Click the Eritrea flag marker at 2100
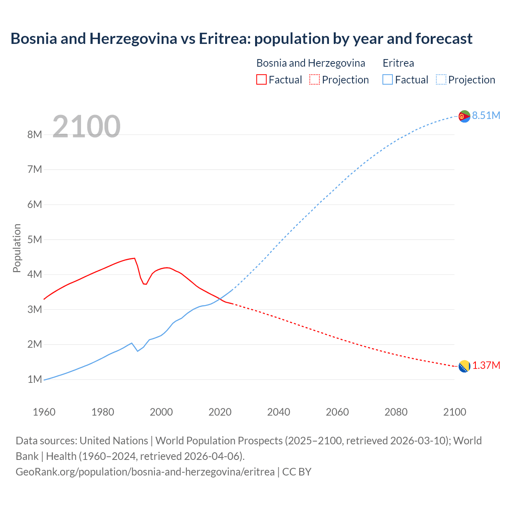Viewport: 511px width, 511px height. point(464,116)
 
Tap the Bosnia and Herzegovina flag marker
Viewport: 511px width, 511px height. point(464,366)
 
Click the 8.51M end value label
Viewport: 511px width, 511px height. point(486,115)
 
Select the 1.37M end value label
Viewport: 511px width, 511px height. point(486,365)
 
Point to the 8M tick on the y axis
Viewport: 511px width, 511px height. point(35,135)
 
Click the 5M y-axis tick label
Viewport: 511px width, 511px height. point(35,240)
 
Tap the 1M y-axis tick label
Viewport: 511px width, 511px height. point(35,379)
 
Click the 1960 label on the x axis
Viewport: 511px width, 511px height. point(44,412)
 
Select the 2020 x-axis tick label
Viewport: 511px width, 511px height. point(220,412)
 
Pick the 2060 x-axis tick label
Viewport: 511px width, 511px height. point(337,412)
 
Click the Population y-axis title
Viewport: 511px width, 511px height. point(17,248)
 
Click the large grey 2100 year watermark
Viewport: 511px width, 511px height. point(86,126)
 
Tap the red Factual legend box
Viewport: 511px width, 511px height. point(261,80)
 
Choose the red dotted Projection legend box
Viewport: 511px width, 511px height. point(315,80)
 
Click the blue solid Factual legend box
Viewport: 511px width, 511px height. point(388,80)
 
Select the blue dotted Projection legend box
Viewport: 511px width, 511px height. point(441,80)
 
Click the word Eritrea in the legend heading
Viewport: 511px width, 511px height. point(398,63)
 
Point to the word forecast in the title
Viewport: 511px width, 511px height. point(444,39)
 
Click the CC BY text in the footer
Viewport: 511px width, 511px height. point(297,471)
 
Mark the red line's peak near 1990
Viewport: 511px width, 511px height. point(134,258)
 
